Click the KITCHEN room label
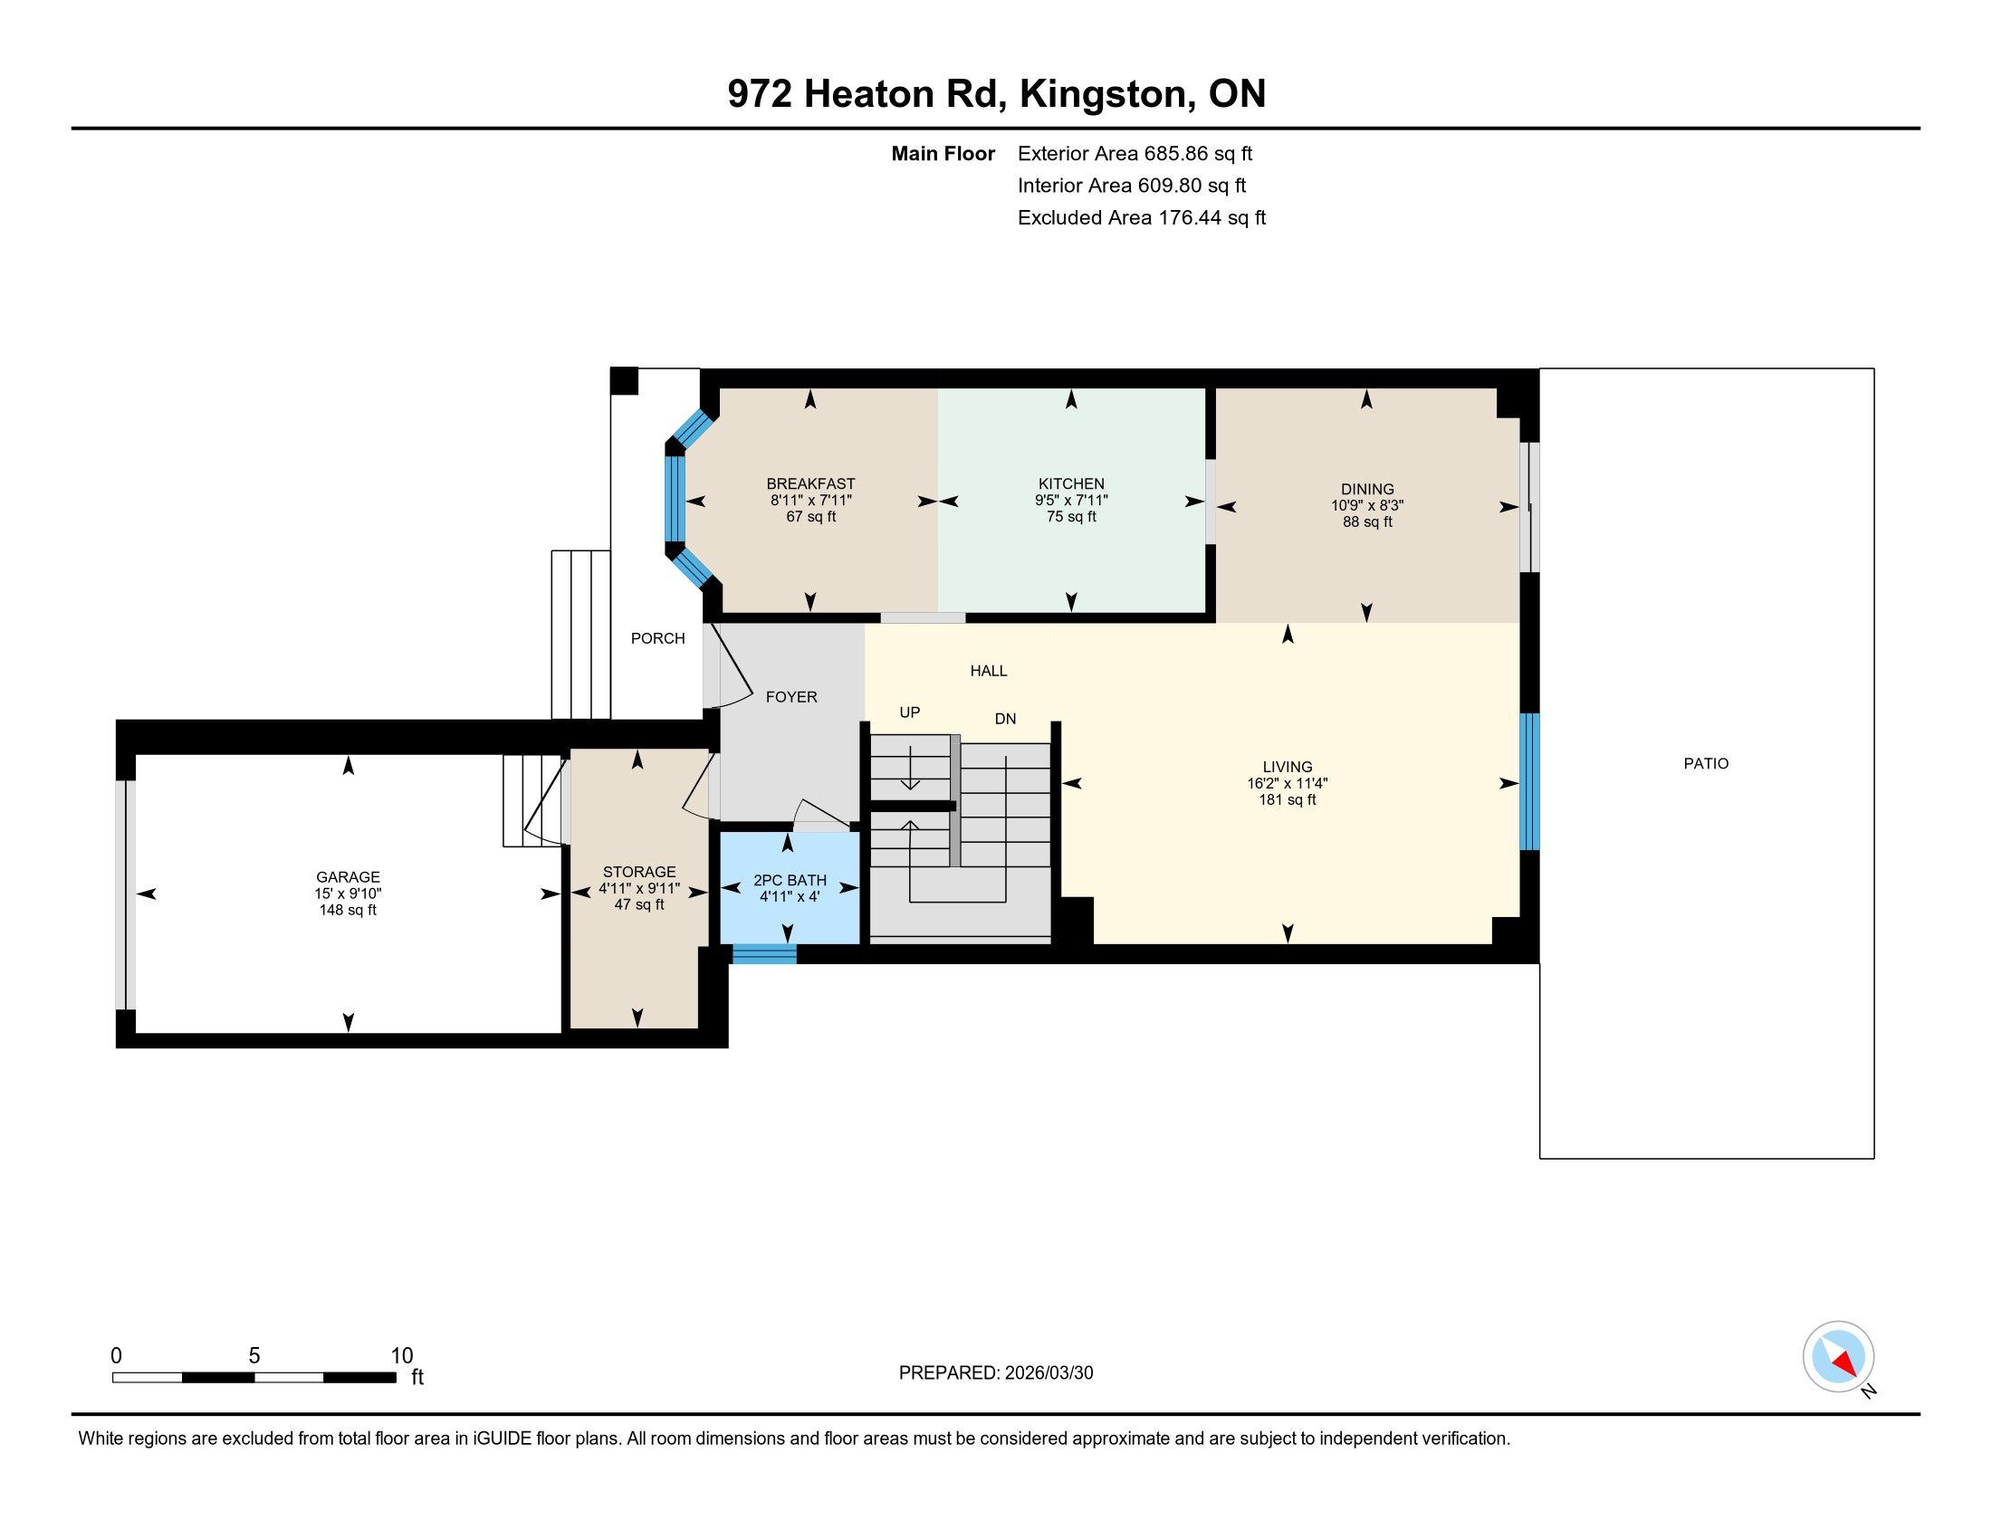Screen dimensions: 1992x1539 1071,484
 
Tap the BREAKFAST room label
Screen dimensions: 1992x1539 811,484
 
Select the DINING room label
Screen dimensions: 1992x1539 1367,490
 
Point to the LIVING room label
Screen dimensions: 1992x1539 1287,768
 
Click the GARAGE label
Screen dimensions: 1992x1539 348,878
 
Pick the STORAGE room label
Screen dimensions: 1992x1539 639,873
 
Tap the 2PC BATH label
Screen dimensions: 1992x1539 790,881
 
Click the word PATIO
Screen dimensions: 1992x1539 1706,764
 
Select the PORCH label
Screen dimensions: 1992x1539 657,639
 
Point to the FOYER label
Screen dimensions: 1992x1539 790,697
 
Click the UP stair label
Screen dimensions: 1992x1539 909,713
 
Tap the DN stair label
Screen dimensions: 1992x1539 1005,720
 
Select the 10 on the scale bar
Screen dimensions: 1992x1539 402,1356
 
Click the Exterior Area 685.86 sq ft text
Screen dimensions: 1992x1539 1135,154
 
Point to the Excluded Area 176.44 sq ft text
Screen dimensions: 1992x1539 1142,218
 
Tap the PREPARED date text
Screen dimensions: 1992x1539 996,1373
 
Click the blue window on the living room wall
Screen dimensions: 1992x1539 1529,781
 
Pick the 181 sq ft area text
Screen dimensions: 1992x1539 1287,800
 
